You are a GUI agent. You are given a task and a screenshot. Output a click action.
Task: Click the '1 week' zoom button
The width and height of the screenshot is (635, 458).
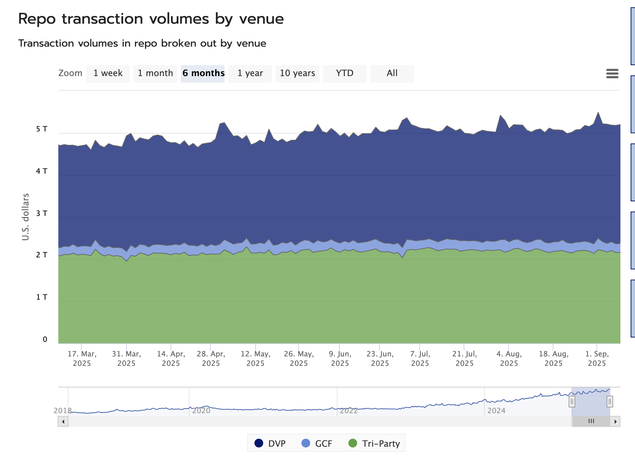[108, 74]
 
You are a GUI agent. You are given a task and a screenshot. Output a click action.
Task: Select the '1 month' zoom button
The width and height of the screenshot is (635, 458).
[155, 74]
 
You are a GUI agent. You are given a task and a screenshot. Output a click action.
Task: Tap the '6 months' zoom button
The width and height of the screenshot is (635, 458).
[203, 74]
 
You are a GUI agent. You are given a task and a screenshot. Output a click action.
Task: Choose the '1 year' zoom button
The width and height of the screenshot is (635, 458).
[250, 74]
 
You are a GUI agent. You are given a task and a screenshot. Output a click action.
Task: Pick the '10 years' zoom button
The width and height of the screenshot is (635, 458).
[297, 74]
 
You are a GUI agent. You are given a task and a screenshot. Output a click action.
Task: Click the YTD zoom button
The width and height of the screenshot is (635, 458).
[345, 74]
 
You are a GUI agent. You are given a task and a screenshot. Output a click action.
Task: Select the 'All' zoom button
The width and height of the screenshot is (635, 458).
[392, 74]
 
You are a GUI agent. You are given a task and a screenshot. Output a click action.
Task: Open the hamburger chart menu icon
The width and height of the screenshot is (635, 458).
[612, 74]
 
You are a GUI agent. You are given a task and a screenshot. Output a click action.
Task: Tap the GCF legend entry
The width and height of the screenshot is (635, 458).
[317, 443]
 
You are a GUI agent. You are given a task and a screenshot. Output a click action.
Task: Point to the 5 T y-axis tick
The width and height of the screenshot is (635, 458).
[42, 129]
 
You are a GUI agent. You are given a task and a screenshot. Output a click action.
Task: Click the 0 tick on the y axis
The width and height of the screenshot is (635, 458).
[45, 339]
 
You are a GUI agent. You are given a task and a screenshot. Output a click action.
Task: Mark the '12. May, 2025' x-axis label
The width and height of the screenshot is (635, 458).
[256, 359]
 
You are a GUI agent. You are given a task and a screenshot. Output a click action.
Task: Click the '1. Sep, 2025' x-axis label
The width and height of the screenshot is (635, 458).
[597, 359]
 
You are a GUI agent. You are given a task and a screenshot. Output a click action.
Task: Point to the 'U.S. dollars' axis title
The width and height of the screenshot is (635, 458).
[26, 217]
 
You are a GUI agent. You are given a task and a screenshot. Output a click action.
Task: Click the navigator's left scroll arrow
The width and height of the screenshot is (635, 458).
[63, 422]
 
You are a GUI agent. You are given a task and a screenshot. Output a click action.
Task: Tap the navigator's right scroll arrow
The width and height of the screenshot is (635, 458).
[616, 422]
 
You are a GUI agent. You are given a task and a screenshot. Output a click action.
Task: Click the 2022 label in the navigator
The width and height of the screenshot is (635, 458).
[349, 411]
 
